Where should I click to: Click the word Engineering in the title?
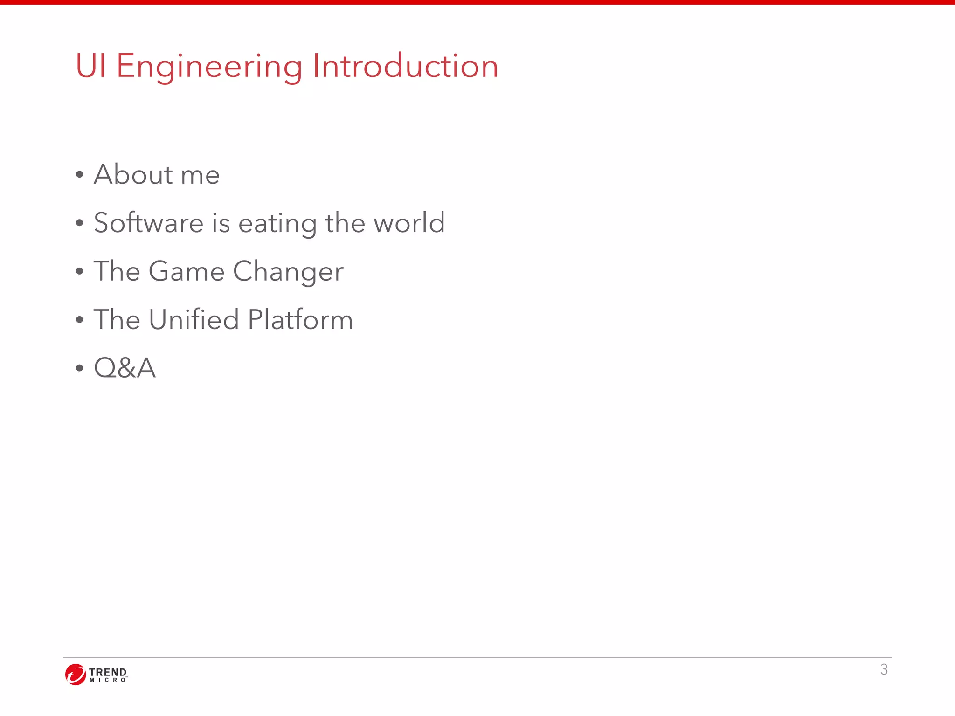point(209,66)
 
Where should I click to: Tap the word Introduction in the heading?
point(405,66)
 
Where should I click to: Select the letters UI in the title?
point(90,66)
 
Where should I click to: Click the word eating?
point(277,223)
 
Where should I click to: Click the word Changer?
point(288,271)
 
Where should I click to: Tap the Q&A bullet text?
point(125,368)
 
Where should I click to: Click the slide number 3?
point(884,669)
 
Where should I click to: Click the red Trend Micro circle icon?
point(76,675)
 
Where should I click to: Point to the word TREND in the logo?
point(107,672)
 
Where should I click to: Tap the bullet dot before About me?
point(80,175)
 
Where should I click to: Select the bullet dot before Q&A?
point(80,368)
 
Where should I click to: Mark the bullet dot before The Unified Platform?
point(80,320)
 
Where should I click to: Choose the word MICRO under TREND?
point(107,680)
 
